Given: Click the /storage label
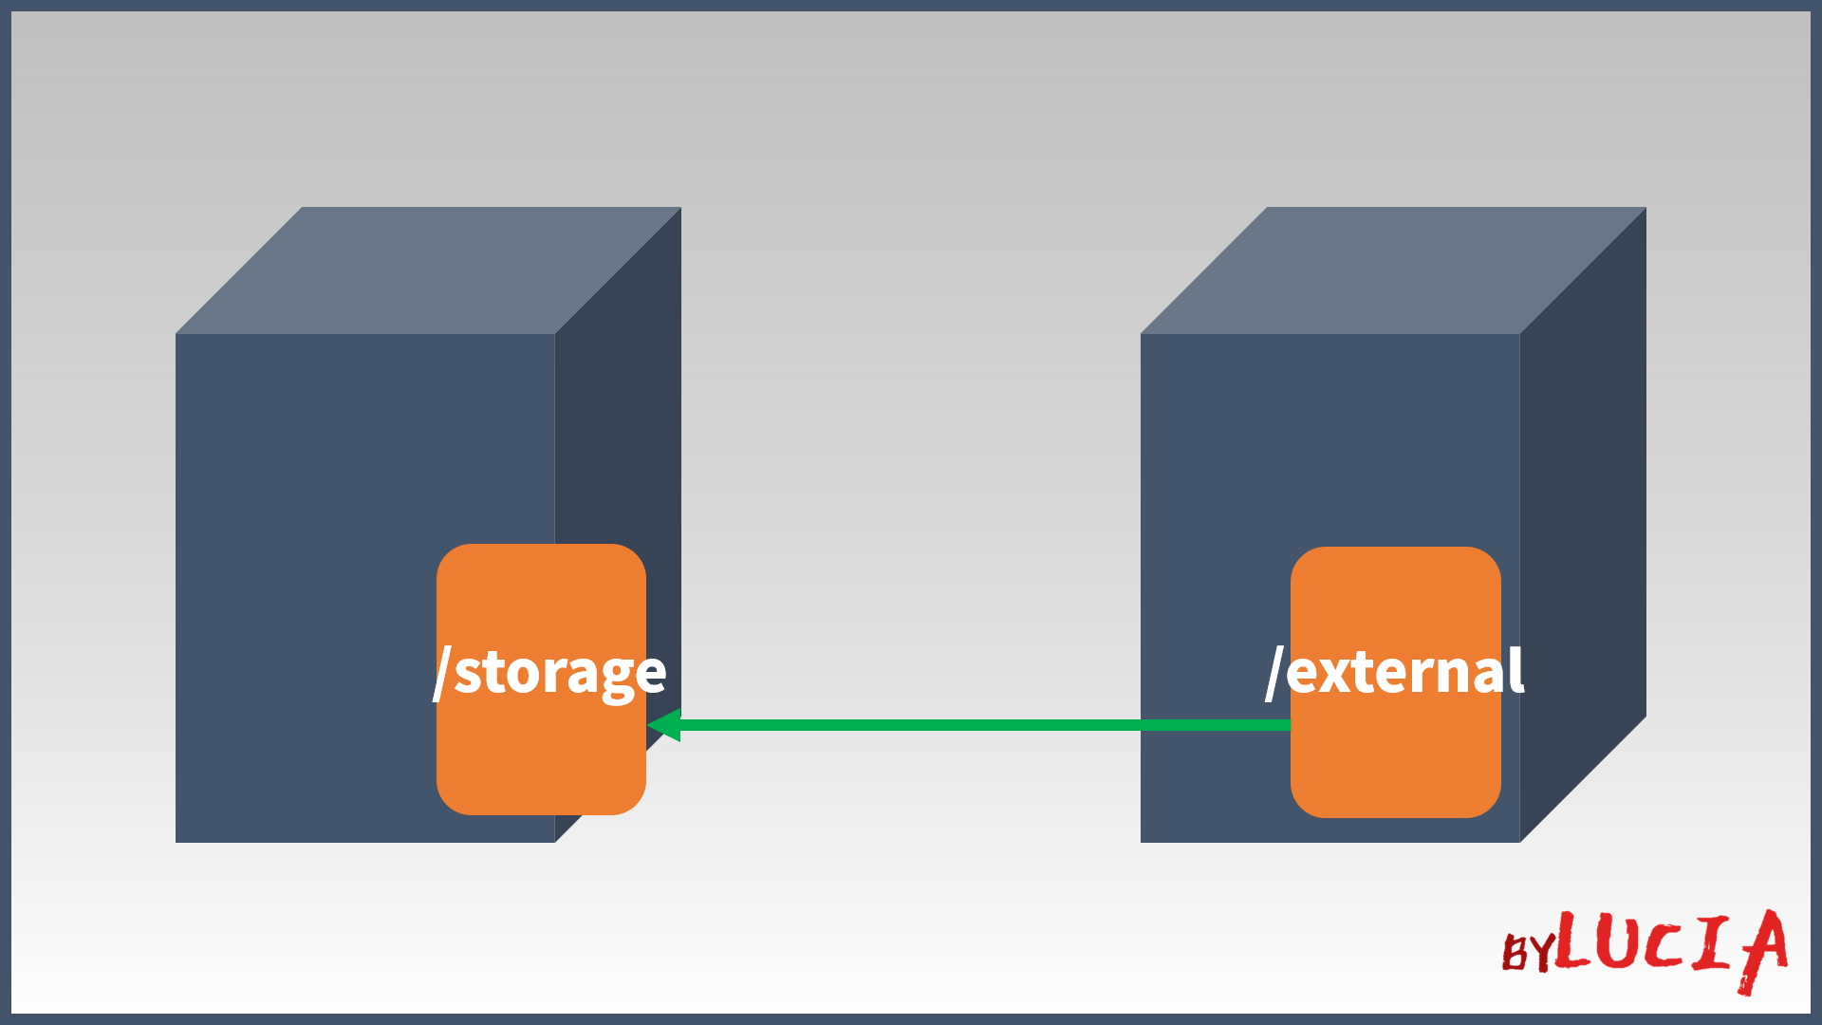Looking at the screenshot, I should coord(550,672).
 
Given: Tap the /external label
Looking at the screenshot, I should coord(1395,672).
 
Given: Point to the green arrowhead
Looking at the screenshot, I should coord(664,725).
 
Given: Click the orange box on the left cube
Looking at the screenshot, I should coord(541,769).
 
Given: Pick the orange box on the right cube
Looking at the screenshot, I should coord(1395,769).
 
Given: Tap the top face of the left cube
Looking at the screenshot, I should coord(427,270).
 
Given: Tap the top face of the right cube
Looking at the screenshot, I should coord(1392,270).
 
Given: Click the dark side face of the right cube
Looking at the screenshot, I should coord(1583,522).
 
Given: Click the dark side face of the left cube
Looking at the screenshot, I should coord(618,427).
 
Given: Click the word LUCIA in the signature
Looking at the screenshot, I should coord(1670,944).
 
